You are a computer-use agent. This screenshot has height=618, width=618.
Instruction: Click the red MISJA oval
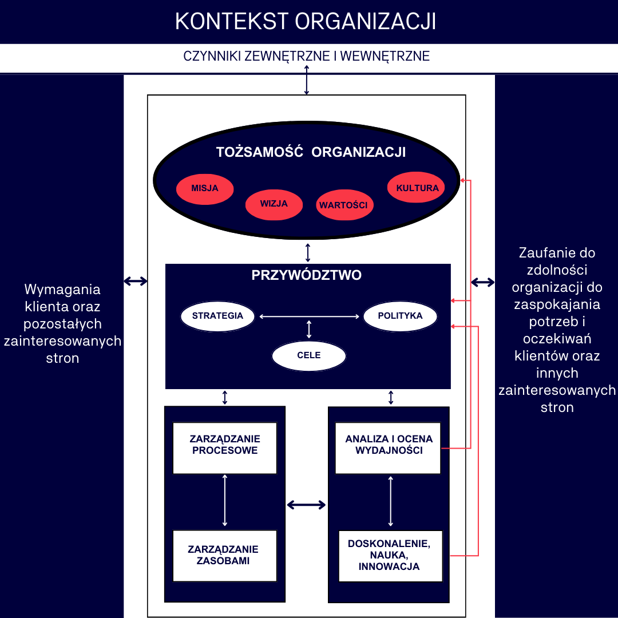pyautogui.click(x=204, y=189)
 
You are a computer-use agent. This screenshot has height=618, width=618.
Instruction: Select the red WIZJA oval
pyautogui.click(x=274, y=205)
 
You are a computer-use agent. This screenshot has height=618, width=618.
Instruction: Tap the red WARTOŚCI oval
pyautogui.click(x=344, y=205)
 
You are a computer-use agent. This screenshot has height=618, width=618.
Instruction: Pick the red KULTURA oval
pyautogui.click(x=416, y=187)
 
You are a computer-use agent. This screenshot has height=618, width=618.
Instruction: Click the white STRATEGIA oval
pyautogui.click(x=217, y=316)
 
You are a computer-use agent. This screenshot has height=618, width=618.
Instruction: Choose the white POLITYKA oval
pyautogui.click(x=400, y=316)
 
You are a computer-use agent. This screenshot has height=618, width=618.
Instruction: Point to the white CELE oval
pyautogui.click(x=309, y=356)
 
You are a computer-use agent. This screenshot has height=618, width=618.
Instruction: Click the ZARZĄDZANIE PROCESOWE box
pyautogui.click(x=225, y=448)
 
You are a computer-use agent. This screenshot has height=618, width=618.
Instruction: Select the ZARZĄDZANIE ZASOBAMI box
pyautogui.click(x=225, y=556)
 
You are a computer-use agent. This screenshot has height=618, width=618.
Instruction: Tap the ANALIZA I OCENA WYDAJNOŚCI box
pyautogui.click(x=388, y=448)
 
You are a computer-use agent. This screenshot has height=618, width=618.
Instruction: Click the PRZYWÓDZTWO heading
pyautogui.click(x=307, y=275)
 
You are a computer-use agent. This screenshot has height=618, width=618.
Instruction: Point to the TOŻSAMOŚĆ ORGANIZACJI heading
pyautogui.click(x=311, y=152)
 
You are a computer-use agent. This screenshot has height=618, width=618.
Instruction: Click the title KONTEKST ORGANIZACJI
pyautogui.click(x=306, y=21)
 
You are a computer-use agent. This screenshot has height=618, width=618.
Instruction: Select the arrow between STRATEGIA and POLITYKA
pyautogui.click(x=309, y=316)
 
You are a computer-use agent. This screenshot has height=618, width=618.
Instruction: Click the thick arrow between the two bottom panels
pyautogui.click(x=306, y=505)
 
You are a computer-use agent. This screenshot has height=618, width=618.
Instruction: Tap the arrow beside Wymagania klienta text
pyautogui.click(x=136, y=281)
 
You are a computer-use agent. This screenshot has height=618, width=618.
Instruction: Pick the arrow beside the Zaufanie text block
pyautogui.click(x=483, y=282)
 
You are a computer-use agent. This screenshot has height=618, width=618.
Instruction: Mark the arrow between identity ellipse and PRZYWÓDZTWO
pyautogui.click(x=308, y=253)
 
